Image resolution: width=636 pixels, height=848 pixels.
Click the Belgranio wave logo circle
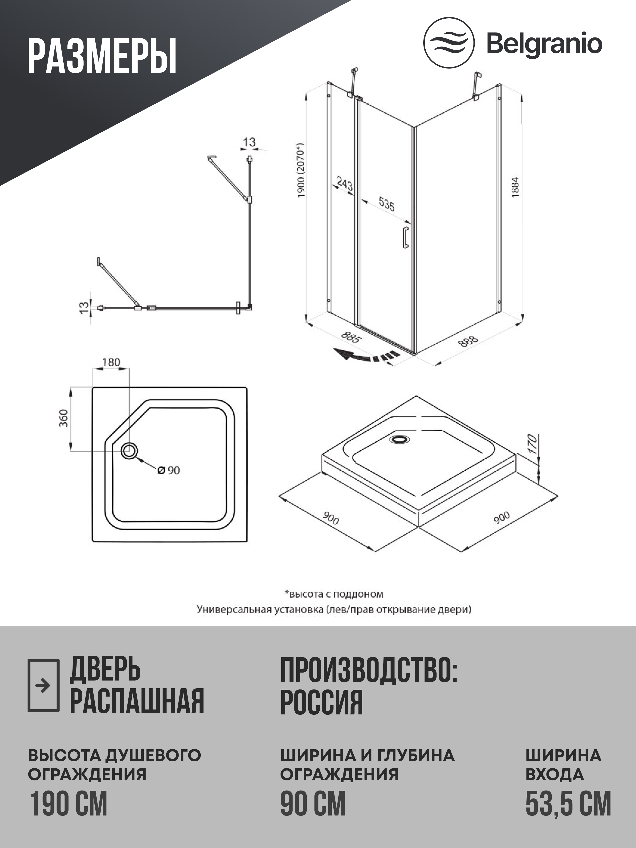pos(448,43)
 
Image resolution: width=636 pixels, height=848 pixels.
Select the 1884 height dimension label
pos(515,187)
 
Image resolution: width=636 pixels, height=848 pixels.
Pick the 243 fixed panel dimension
pos(344,184)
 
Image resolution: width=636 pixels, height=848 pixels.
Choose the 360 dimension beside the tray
pos(64,418)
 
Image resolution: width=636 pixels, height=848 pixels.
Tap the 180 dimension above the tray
pos(111,362)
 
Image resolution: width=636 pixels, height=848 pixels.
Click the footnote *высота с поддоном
pos(334,594)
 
